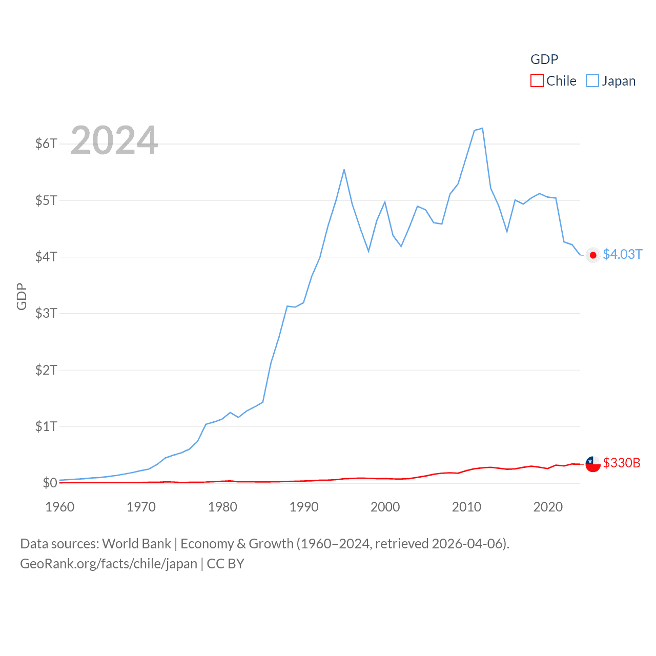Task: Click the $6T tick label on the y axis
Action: [x=46, y=143]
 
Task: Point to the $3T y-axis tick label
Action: [x=46, y=313]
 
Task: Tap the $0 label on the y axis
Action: [x=50, y=483]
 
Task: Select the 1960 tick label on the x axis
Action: [x=60, y=507]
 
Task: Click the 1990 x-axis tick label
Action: [x=304, y=507]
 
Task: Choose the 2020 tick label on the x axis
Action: [x=548, y=507]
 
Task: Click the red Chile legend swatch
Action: [x=537, y=81]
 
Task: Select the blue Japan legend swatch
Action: [x=592, y=81]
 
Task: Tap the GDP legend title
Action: [x=544, y=59]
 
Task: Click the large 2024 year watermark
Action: [x=114, y=140]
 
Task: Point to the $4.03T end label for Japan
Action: [x=622, y=255]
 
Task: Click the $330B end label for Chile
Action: [x=622, y=463]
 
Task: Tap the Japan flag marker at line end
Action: [x=593, y=255]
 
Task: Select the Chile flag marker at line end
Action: [x=593, y=464]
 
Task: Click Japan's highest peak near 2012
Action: [x=482, y=129]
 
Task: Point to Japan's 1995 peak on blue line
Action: [x=344, y=170]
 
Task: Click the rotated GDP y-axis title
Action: [x=22, y=296]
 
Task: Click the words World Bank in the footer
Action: [x=136, y=544]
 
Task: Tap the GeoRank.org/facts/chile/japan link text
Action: [x=109, y=564]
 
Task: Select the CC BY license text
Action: [x=225, y=564]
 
